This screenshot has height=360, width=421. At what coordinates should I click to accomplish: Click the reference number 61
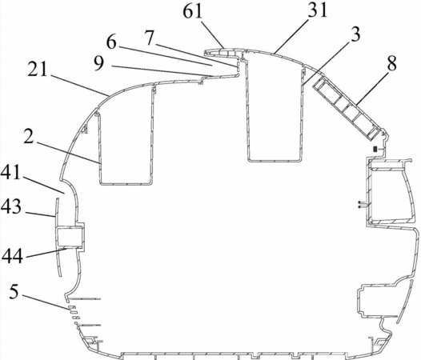[192, 12]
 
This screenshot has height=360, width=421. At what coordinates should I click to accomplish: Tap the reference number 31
[318, 10]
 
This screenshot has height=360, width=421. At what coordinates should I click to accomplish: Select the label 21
[38, 69]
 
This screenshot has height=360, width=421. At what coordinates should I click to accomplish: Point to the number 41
[10, 172]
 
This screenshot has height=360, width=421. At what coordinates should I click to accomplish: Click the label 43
[10, 206]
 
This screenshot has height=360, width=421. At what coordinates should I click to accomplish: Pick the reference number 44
[12, 255]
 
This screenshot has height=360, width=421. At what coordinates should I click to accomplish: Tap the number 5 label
[14, 292]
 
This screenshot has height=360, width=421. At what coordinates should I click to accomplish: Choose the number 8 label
[391, 63]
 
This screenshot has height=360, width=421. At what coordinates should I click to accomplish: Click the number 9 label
[99, 64]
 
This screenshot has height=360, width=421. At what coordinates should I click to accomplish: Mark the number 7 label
[150, 38]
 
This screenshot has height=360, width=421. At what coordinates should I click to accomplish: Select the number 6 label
[111, 42]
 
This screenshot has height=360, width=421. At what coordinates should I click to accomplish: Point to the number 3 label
[355, 34]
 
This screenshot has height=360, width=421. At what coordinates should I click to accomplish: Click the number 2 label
[29, 136]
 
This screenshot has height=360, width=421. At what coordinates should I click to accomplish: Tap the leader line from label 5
[45, 302]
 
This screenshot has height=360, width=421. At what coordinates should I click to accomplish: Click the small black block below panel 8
[375, 149]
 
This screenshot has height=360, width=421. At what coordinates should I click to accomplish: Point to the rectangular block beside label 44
[70, 237]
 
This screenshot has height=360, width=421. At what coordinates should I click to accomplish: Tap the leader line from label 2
[68, 153]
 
